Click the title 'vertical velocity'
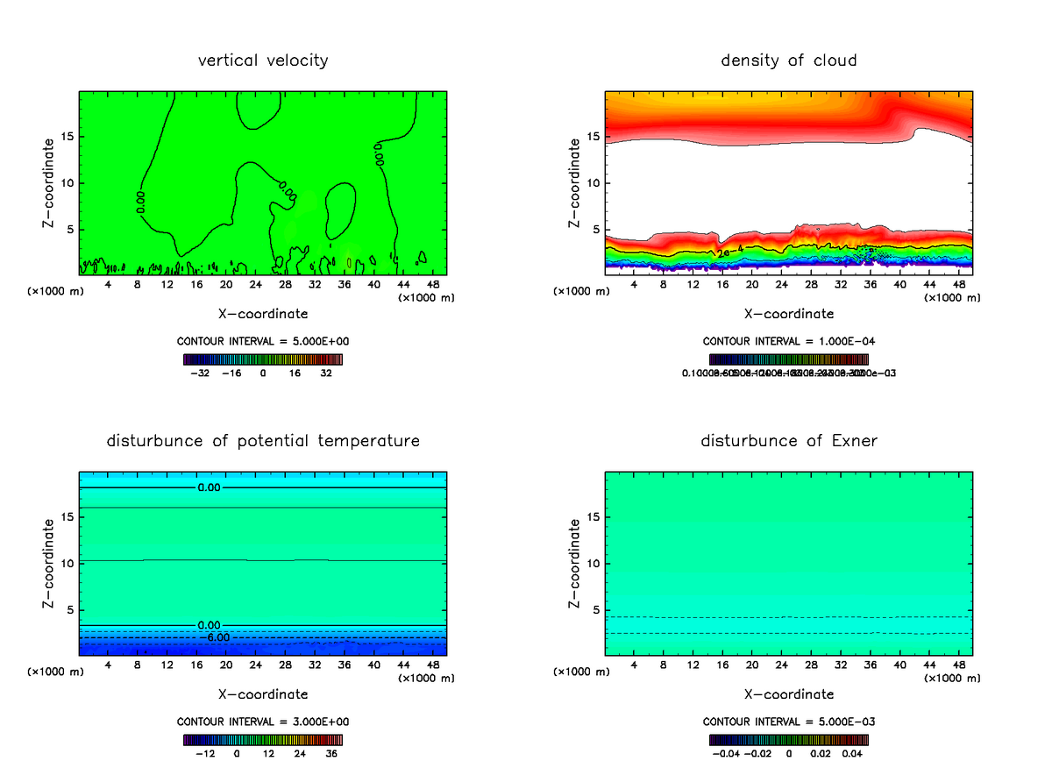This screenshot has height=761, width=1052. [263, 60]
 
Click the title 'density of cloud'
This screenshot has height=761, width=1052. [788, 60]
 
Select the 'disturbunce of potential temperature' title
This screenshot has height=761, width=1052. [263, 440]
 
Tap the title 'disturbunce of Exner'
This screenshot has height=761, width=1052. [788, 440]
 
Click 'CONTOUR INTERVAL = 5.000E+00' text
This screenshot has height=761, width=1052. [263, 341]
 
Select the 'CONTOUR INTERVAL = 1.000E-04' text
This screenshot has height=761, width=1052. [789, 341]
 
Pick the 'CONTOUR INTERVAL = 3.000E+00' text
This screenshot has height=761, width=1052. [263, 722]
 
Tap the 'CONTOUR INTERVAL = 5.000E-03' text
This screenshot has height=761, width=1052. [789, 722]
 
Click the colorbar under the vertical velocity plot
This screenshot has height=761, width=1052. [263, 359]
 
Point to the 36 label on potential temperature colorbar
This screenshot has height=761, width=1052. [331, 752]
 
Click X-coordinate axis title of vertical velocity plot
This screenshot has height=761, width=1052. [263, 313]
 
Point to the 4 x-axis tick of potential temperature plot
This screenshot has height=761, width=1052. [108, 665]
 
